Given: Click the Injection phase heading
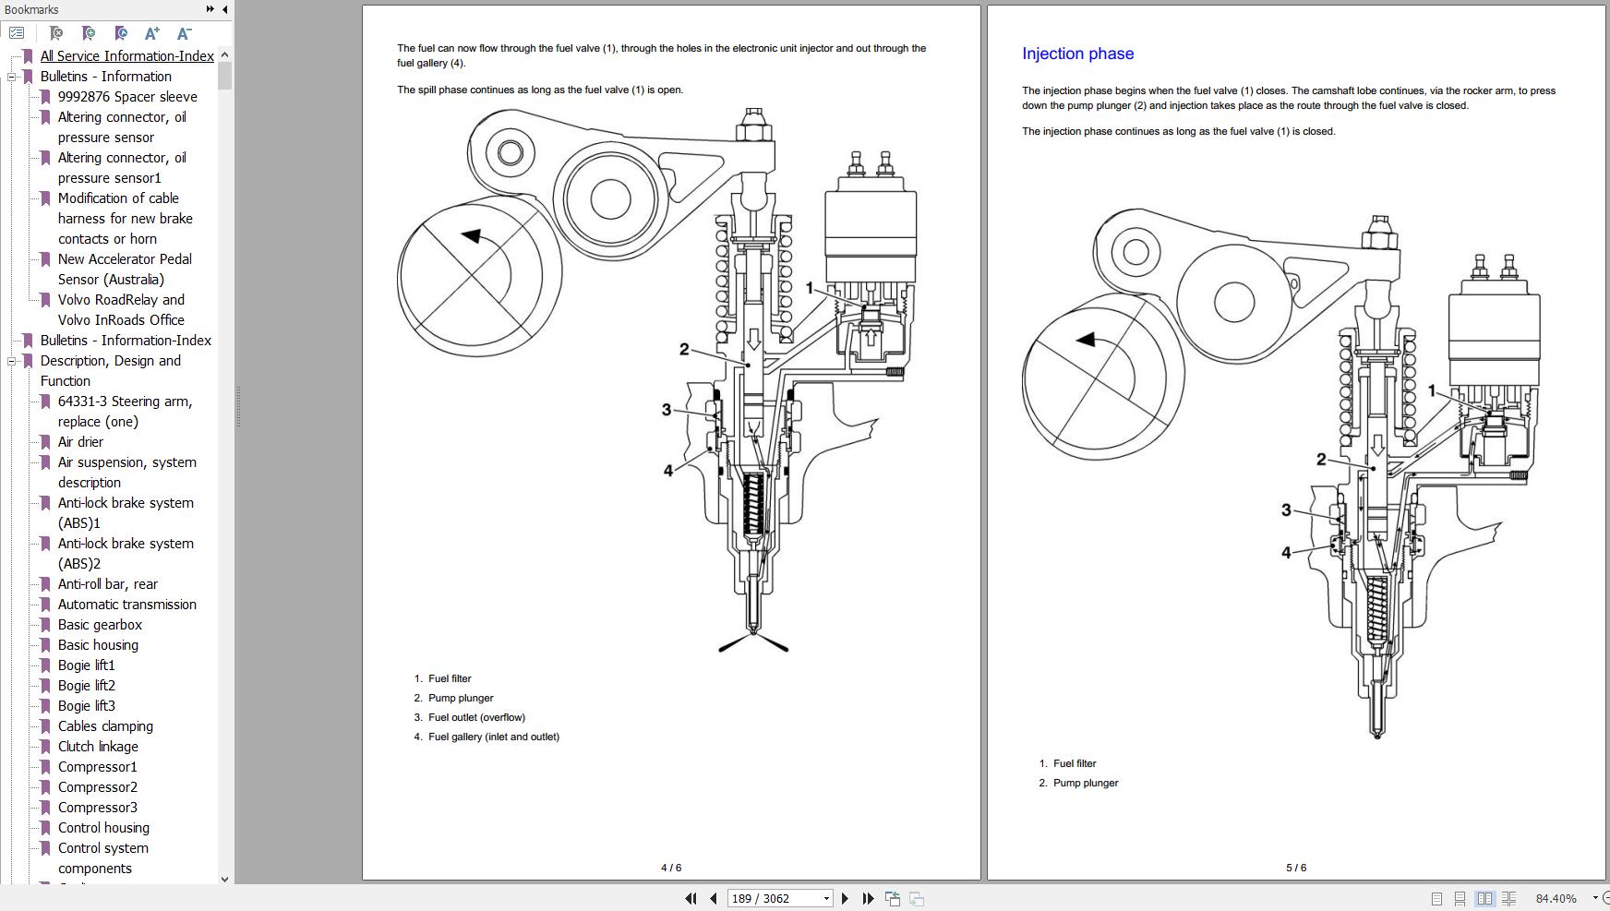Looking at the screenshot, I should click(x=1077, y=54).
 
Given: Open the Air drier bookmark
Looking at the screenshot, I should click(x=80, y=442).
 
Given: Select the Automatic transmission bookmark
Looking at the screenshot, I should click(x=126, y=605).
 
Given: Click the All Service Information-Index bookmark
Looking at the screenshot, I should click(x=126, y=56).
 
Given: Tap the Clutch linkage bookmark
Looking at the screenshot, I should click(x=98, y=747).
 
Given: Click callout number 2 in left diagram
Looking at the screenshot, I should click(x=684, y=349).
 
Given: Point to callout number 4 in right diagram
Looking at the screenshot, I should click(x=1286, y=553).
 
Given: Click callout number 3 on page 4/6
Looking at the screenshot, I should click(x=666, y=409).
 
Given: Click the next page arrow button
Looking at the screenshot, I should click(x=845, y=898).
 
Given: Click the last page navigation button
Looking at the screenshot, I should click(x=868, y=898).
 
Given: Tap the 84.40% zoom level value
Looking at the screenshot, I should click(x=1556, y=898).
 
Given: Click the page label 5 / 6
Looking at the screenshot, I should click(x=1296, y=868).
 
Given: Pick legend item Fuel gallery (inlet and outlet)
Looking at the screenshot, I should click(x=493, y=737).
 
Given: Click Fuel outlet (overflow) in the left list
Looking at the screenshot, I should click(x=476, y=717).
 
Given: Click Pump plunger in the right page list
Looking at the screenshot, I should click(x=1085, y=783).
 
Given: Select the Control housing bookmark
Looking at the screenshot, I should click(x=103, y=828).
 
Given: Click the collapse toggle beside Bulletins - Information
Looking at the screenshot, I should click(x=12, y=77).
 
